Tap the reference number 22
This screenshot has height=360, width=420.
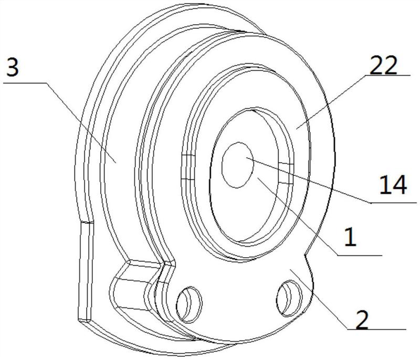click(x=383, y=65)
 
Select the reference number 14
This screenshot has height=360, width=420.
click(x=393, y=184)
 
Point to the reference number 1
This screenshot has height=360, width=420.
click(x=350, y=236)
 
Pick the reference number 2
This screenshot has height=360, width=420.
click(x=362, y=319)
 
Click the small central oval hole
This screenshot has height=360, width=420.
click(x=238, y=165)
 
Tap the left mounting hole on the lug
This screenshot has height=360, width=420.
click(x=189, y=304)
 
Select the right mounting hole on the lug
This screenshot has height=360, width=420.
click(x=289, y=298)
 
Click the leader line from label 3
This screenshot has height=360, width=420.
click(x=81, y=123)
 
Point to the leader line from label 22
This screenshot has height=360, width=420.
click(x=331, y=102)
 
